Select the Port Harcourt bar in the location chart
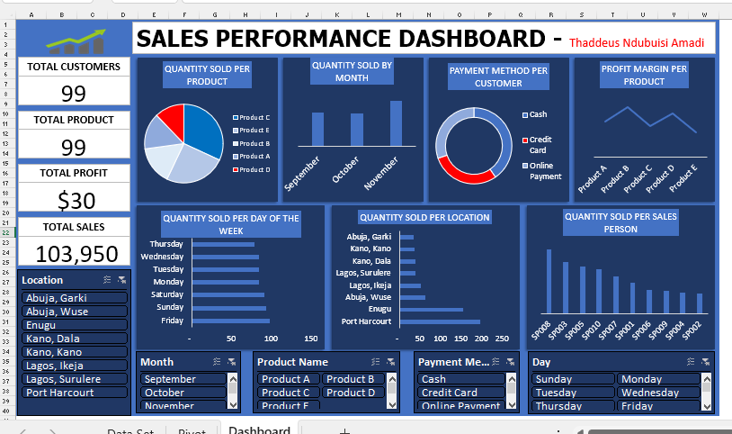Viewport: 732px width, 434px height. pyautogui.click(x=440, y=321)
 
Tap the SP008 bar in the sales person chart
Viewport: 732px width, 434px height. pyautogui.click(x=549, y=283)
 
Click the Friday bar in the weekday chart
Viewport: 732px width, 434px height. pyautogui.click(x=229, y=321)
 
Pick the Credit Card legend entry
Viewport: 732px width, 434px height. pyautogui.click(x=540, y=144)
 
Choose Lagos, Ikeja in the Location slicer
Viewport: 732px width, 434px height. pyautogui.click(x=75, y=366)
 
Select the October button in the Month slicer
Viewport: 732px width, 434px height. pyautogui.click(x=183, y=393)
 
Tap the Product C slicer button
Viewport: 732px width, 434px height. pyautogui.click(x=287, y=393)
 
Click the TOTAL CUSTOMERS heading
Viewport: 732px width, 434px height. pyautogui.click(x=74, y=67)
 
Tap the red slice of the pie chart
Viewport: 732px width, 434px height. pyautogui.click(x=171, y=123)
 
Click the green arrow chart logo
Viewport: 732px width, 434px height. pyautogui.click(x=75, y=41)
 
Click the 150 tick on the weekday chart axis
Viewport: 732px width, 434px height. pyautogui.click(x=311, y=339)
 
